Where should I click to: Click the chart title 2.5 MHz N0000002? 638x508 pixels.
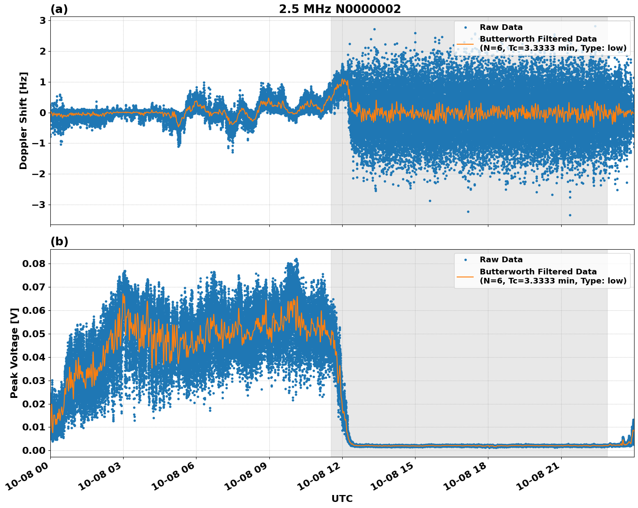tap(340, 9)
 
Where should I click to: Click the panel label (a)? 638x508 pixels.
tap(59, 9)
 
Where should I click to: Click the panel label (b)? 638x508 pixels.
tap(59, 241)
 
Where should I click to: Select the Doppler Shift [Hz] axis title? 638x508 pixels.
tap(23, 120)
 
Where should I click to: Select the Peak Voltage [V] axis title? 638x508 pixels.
tap(14, 353)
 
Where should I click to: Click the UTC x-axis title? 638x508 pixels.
tap(342, 498)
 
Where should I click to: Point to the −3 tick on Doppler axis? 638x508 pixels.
tap(39, 205)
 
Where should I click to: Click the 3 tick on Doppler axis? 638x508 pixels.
tap(43, 20)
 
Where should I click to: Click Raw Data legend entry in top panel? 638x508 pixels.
tap(501, 27)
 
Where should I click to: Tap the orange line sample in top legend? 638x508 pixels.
tap(465, 43)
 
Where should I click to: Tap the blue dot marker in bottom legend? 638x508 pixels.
tap(465, 260)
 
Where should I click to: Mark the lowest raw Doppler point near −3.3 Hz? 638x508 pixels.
tap(570, 215)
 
